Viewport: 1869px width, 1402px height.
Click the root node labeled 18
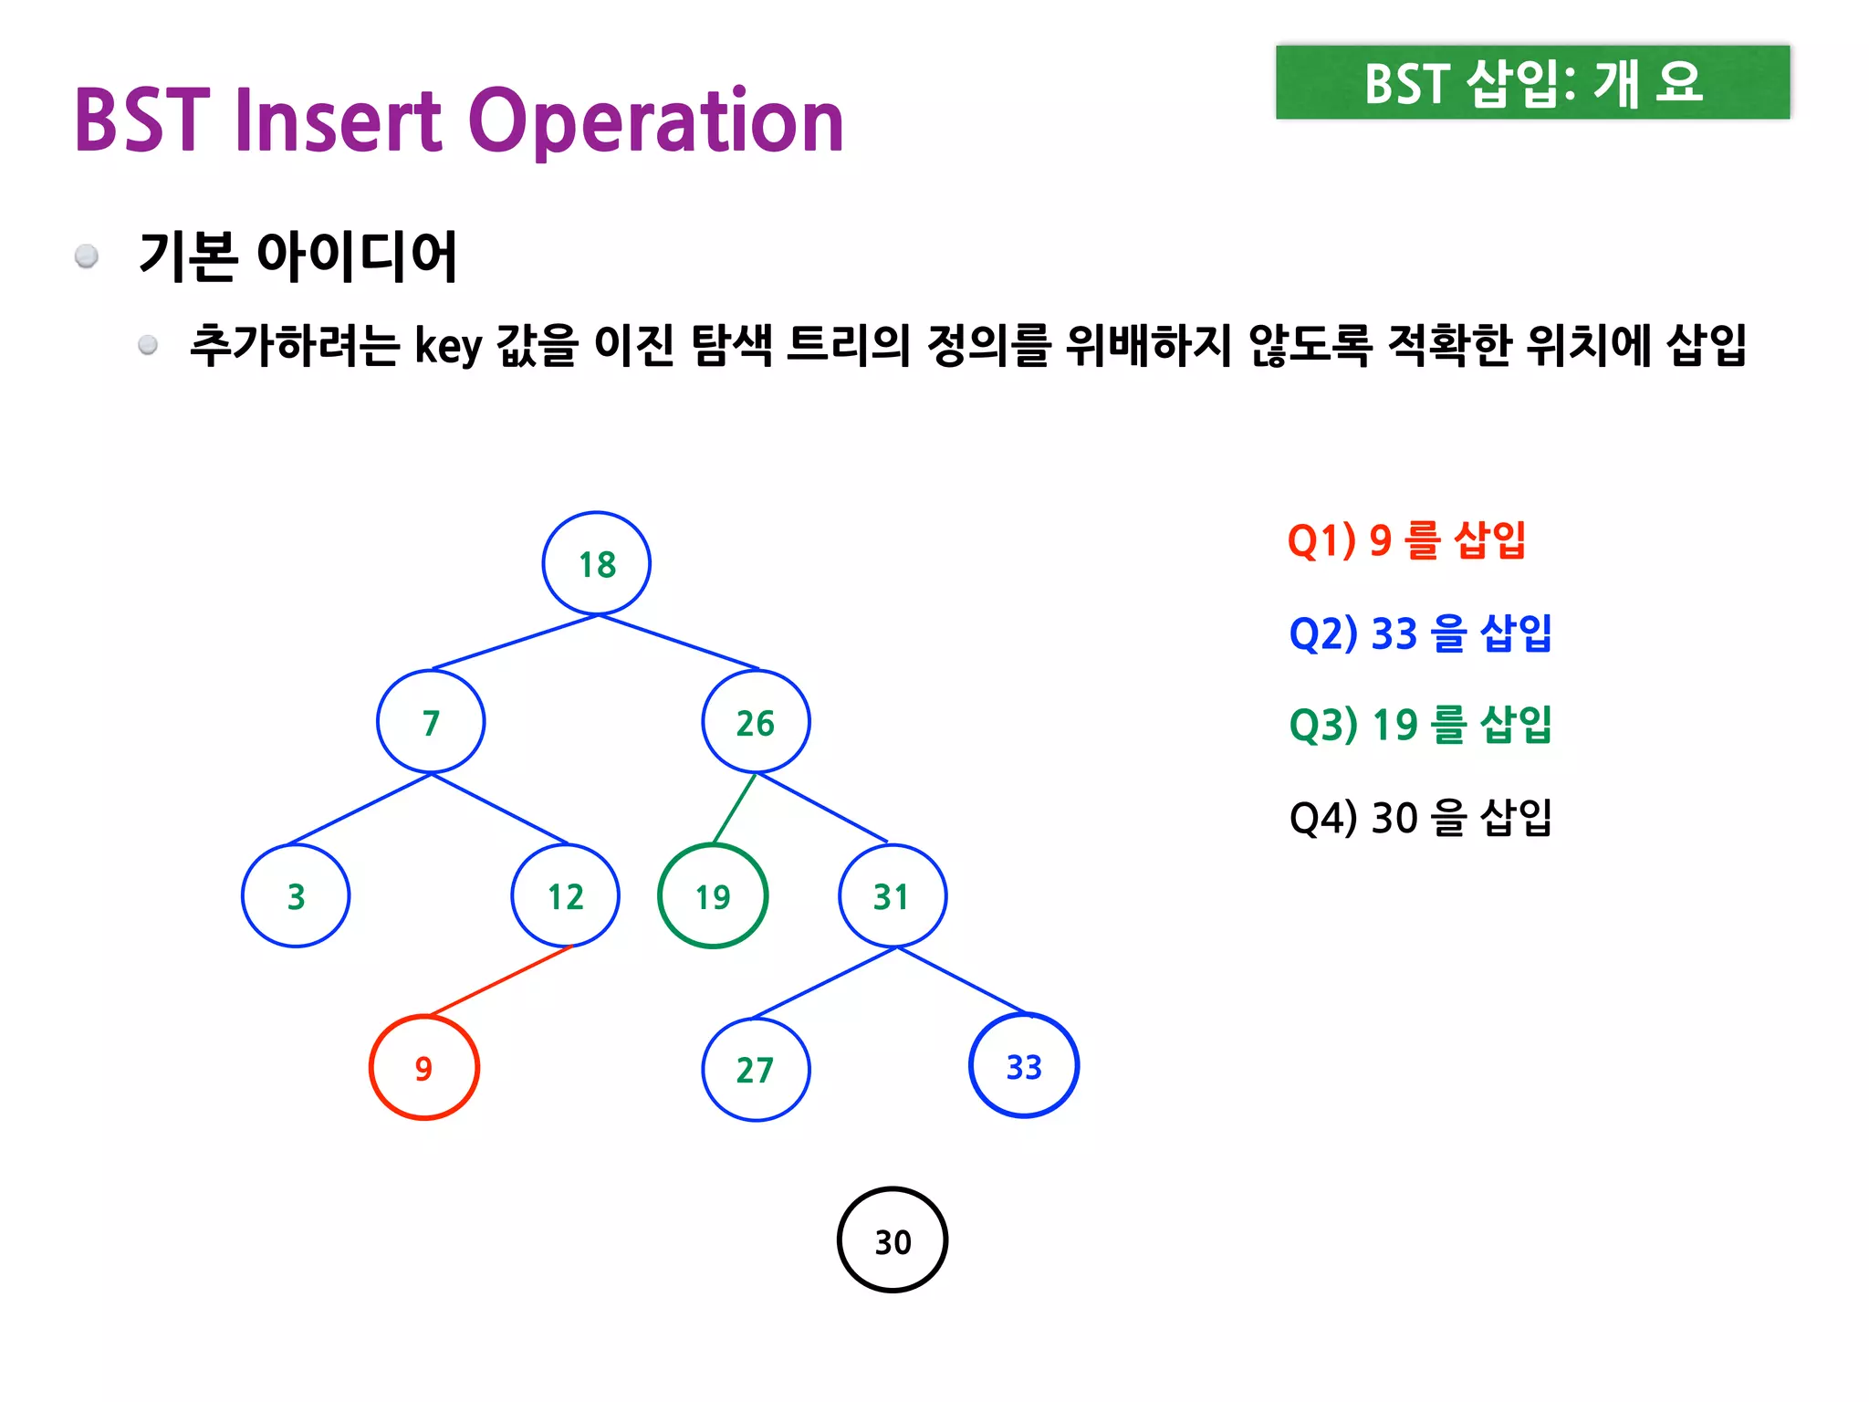[597, 563]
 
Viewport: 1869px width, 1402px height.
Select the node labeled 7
[431, 722]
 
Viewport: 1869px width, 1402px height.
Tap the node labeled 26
[756, 722]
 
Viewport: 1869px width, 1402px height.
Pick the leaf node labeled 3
[296, 895]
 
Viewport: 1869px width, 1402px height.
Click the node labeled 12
[566, 895]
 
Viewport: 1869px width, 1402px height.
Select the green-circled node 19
[713, 895]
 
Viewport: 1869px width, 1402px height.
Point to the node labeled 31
[892, 895]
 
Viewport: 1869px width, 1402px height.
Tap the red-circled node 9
[423, 1067]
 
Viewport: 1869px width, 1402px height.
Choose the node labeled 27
[756, 1069]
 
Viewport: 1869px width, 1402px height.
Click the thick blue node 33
[1024, 1065]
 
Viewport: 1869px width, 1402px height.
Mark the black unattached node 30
[893, 1240]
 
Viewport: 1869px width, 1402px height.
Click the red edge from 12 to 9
[500, 981]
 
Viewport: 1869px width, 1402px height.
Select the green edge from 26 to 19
[735, 808]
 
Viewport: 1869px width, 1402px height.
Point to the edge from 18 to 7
[514, 643]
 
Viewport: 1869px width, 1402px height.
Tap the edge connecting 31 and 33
[963, 981]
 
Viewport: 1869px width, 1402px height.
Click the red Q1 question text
[1405, 539]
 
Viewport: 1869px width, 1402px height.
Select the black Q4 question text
[1420, 817]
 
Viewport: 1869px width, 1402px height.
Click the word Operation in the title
[656, 120]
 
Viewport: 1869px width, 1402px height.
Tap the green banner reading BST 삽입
[1532, 82]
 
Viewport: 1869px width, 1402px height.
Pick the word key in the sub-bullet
[448, 346]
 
